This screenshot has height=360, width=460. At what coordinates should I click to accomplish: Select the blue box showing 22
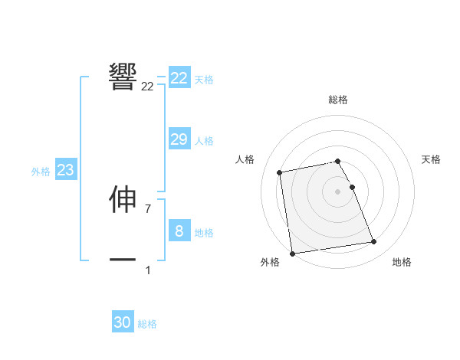179,78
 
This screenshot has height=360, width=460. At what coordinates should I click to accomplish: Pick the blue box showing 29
179,139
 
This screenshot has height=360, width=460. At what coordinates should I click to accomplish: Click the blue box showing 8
179,231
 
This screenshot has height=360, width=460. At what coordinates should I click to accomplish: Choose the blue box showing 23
65,170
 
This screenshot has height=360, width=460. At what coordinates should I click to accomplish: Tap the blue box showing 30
123,322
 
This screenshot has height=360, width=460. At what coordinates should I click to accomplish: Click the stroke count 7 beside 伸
148,208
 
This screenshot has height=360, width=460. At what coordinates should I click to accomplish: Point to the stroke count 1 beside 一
148,270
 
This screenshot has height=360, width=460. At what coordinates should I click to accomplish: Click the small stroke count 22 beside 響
147,87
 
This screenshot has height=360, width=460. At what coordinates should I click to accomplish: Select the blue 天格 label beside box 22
204,80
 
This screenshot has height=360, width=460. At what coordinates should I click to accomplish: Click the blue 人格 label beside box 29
204,141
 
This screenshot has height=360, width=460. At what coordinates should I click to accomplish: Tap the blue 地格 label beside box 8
204,233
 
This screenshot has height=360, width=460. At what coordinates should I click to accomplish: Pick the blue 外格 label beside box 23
41,172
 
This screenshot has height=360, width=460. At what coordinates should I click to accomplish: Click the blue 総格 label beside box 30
147,324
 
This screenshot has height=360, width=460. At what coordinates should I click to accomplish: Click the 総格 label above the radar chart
338,100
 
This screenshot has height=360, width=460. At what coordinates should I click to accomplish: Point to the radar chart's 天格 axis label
432,159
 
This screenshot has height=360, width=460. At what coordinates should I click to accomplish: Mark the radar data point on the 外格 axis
292,254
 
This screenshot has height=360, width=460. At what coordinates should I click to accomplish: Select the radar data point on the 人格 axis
280,172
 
